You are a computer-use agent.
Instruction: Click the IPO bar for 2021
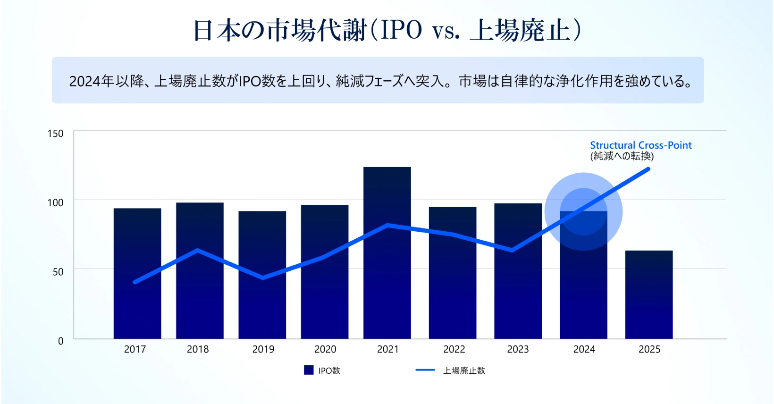tap(387, 252)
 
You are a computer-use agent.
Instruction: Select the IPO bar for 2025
tap(649, 295)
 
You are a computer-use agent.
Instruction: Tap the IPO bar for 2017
tap(137, 273)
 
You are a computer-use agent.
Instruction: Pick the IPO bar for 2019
tap(262, 275)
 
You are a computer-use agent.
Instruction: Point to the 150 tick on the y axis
tap(55, 134)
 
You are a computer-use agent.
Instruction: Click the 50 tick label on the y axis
tap(58, 272)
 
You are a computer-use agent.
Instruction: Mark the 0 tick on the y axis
tap(61, 341)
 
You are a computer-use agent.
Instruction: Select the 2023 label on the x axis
tap(518, 349)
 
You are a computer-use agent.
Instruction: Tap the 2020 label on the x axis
tap(325, 349)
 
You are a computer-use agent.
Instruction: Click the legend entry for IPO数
tap(322, 370)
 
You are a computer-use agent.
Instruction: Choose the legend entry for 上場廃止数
tap(450, 370)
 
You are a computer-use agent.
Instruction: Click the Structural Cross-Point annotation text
tap(640, 145)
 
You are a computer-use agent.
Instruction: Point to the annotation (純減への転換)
tap(622, 156)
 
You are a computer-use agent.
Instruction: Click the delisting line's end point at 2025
tap(648, 169)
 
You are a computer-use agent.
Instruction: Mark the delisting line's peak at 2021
tap(387, 225)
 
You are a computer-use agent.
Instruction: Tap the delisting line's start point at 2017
tap(135, 282)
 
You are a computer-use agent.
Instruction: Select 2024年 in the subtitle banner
tap(92, 82)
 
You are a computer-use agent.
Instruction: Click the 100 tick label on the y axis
tap(55, 203)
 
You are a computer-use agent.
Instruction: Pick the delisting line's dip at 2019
tap(263, 278)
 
